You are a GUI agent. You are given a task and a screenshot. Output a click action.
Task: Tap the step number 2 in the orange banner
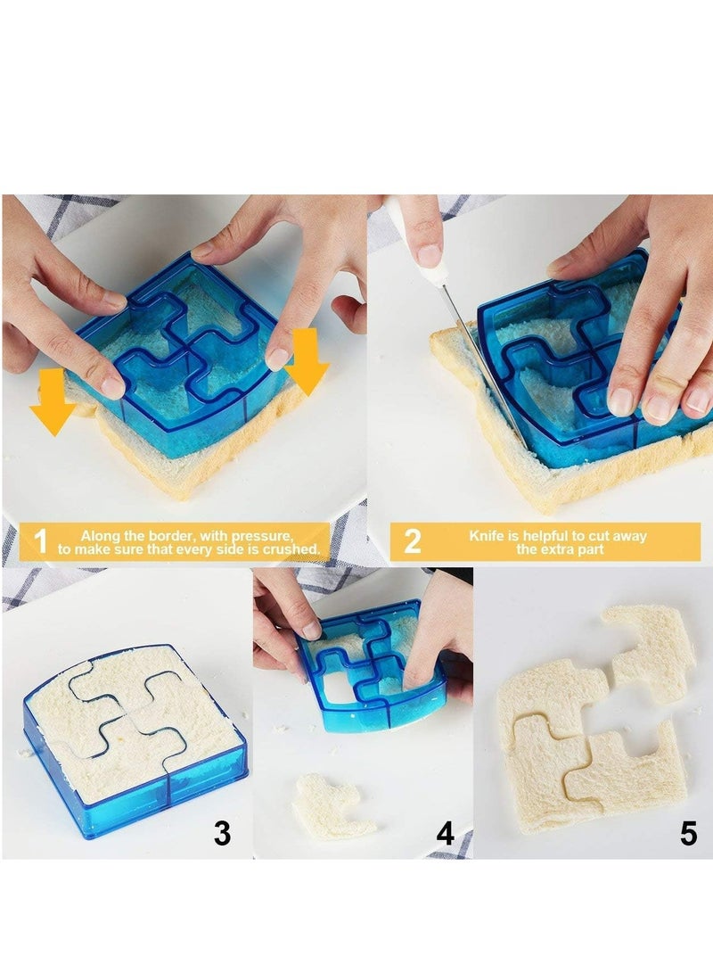[x=412, y=541]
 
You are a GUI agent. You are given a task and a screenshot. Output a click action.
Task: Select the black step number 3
[x=222, y=833]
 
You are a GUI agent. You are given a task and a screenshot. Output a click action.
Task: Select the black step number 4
[x=446, y=833]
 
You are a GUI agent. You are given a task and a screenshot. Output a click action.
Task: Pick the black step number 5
[x=688, y=833]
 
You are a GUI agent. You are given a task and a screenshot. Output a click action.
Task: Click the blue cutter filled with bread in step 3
[x=134, y=740]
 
